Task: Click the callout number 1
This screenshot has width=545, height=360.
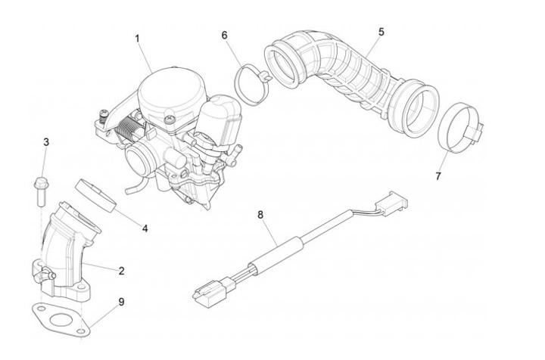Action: pyautogui.click(x=138, y=37)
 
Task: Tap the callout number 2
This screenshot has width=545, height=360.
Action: pyautogui.click(x=121, y=270)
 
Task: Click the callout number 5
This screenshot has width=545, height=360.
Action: pyautogui.click(x=381, y=32)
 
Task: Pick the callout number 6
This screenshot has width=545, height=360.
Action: pyautogui.click(x=225, y=36)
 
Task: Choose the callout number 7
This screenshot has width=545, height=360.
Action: pyautogui.click(x=438, y=175)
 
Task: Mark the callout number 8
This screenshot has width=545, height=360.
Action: pyautogui.click(x=260, y=215)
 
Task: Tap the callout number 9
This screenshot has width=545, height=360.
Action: pyautogui.click(x=121, y=303)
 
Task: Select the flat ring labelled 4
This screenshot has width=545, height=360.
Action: pyautogui.click(x=98, y=193)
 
